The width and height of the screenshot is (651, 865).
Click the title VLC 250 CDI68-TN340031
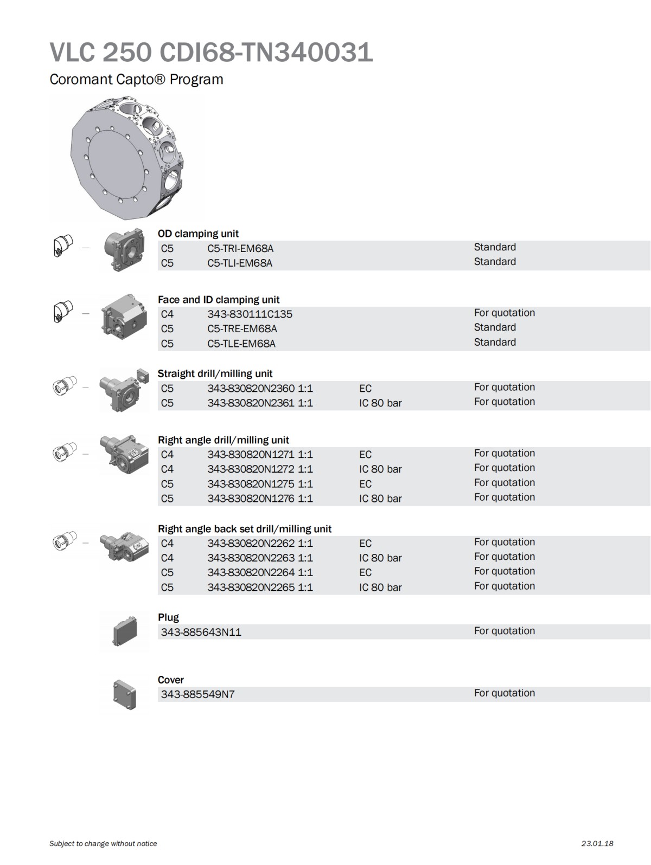pos(211,53)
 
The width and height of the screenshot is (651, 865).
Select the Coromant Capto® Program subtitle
pos(136,79)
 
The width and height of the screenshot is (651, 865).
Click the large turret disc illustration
pos(127,158)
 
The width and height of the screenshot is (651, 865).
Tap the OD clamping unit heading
pos(198,234)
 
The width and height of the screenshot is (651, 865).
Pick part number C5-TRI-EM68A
pos(240,249)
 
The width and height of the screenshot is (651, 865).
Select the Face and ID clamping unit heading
pos(219,300)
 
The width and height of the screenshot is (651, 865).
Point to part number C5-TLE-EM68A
pos(241,344)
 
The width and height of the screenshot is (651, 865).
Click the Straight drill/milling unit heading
pos(215,373)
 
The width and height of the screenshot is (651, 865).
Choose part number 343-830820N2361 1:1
pos(260,403)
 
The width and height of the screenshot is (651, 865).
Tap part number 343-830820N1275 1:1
pos(260,483)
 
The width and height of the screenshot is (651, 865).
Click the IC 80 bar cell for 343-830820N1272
pos(380,469)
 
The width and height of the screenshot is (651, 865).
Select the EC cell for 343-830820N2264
pos(365,572)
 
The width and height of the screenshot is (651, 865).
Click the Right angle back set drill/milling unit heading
pos(244,529)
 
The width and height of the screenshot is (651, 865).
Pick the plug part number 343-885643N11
pos(201,632)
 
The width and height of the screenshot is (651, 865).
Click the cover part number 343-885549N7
pos(197,694)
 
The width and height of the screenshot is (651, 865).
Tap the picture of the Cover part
pos(124,695)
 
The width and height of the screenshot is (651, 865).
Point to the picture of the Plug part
pos(125,632)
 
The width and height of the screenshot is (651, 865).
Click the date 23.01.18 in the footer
pos(597,843)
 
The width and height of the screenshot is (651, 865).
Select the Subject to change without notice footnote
pos(103,843)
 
